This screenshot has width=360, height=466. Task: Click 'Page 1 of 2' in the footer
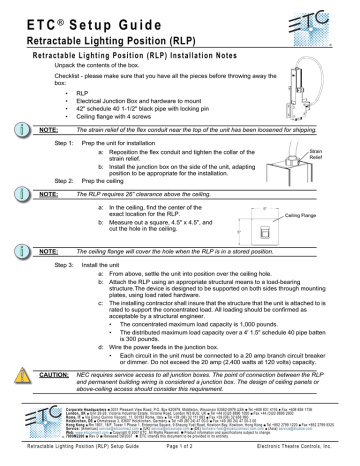[x=180, y=456]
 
